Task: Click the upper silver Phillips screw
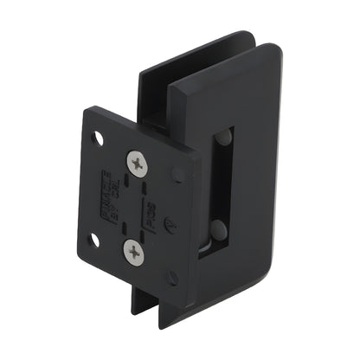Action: click(x=138, y=162)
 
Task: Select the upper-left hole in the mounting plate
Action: click(x=97, y=138)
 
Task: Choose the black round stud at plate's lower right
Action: click(x=172, y=279)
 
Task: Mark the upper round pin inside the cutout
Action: click(x=223, y=138)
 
